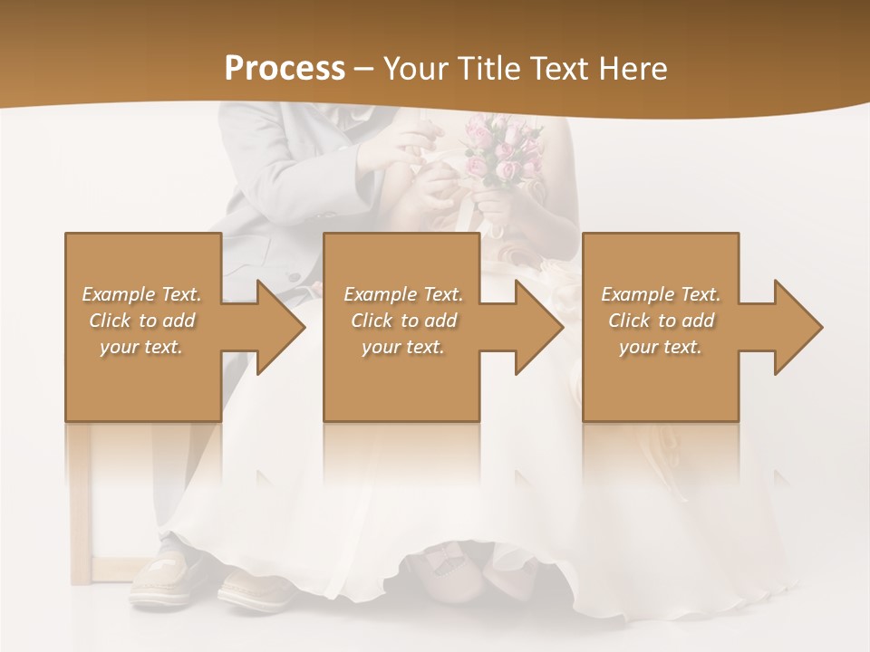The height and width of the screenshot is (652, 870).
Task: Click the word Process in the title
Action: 285,69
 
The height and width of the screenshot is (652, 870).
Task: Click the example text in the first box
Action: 142,321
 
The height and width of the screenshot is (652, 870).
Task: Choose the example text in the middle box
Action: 403,321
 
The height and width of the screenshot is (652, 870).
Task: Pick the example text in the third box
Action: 661,321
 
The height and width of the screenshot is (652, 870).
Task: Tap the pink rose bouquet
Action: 503,149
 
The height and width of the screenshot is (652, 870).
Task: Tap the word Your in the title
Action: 414,69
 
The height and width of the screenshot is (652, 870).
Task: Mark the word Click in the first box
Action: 111,321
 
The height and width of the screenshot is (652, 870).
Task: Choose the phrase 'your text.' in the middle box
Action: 403,347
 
